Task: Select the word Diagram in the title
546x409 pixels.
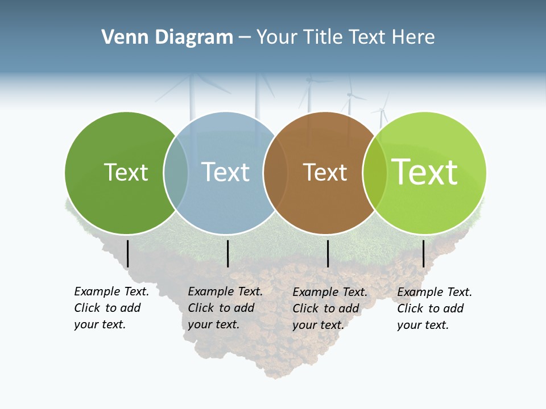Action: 193,37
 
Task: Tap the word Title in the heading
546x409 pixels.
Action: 324,37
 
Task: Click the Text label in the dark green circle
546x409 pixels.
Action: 126,172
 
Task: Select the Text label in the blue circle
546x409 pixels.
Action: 225,172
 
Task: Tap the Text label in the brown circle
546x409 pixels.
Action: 325,172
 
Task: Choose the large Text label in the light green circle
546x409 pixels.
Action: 424,172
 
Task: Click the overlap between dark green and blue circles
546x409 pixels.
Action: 176,172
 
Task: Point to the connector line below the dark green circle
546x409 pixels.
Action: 128,253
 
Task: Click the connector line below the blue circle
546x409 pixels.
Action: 227,253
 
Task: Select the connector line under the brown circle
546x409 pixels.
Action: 328,253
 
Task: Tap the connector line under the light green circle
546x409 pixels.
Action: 424,253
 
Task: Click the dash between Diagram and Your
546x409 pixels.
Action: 245,38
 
